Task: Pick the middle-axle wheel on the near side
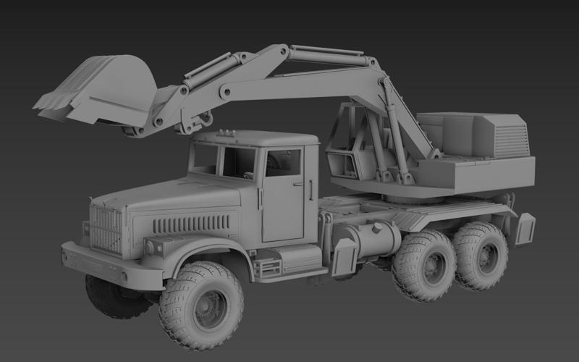[425, 265]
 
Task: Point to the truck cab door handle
[297, 184]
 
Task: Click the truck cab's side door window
[283, 163]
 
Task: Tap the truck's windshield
[205, 158]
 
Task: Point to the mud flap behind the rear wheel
[524, 228]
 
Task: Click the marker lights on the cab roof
[227, 133]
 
